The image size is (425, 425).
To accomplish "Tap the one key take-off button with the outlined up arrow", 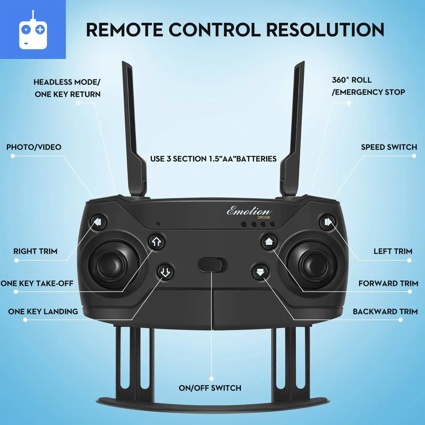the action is point(156,242).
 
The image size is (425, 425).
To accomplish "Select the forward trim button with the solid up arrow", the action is point(269,241).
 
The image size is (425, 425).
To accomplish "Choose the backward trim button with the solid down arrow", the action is point(260,272).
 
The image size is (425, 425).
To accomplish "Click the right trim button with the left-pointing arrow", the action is point(98,222).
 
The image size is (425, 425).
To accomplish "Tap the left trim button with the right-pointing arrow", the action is point(328,222).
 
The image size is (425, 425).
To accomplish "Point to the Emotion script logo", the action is point(249,211).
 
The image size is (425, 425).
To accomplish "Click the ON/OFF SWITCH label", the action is point(210,388).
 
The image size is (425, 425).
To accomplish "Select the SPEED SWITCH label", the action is point(389,147).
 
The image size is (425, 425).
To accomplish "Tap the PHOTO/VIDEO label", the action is point(34,147).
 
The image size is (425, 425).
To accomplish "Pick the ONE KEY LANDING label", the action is point(43,312).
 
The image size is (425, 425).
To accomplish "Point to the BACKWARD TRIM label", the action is point(385,312).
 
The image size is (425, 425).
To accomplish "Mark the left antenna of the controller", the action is point(133,127).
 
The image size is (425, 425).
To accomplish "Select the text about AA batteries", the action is point(213,159).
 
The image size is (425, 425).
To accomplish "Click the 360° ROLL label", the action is point(352,80).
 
